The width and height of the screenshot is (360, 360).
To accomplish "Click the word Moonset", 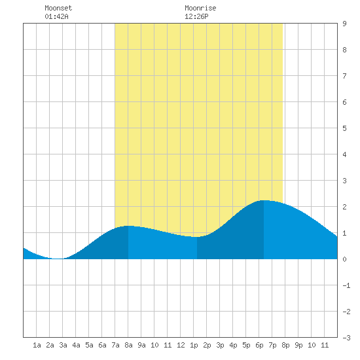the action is (58, 8).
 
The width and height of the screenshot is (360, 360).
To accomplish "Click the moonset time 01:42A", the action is (56, 16).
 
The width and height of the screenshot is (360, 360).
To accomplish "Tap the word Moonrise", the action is (200, 8).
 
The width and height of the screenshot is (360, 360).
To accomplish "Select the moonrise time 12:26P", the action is (196, 16).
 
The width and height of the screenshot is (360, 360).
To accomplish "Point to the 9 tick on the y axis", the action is (344, 24).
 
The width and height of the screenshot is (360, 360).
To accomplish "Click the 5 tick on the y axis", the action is (344, 128).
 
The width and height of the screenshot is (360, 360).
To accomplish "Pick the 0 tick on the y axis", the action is (344, 259).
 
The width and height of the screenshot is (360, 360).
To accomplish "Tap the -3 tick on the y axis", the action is (346, 338).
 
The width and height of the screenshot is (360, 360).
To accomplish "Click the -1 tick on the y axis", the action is (346, 285).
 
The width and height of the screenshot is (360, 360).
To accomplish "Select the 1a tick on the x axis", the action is (37, 345).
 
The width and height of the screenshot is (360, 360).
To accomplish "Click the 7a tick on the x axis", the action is (115, 345).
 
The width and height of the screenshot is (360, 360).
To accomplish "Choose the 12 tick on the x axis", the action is (181, 345).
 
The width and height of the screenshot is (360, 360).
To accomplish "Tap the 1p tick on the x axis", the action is (194, 345).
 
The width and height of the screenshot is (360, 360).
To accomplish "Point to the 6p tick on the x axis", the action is (259, 345).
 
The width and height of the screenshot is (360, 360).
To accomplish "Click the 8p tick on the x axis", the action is (285, 345).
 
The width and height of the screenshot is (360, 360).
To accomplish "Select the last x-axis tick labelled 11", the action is (325, 345).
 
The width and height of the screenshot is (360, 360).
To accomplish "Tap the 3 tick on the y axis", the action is (344, 181).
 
